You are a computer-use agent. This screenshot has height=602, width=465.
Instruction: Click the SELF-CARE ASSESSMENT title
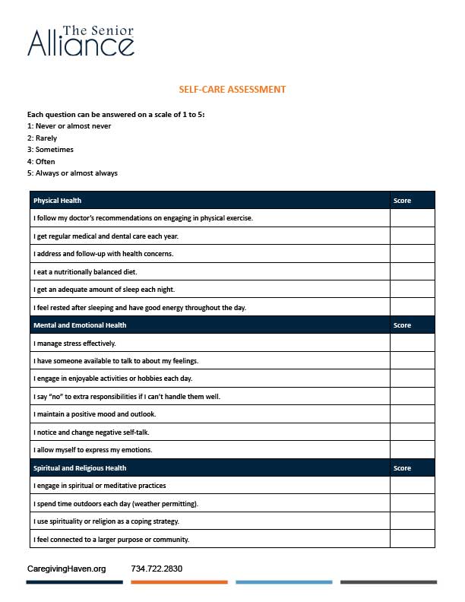coord(232,90)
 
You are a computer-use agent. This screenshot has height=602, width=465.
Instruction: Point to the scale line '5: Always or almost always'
coord(72,173)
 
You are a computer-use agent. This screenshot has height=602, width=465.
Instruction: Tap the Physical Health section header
coord(58,201)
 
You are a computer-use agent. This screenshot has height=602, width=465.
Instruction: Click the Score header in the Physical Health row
coord(403,201)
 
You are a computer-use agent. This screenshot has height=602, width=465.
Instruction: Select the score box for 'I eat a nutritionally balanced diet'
coord(413,271)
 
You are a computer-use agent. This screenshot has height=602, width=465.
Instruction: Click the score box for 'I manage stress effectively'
coord(413,343)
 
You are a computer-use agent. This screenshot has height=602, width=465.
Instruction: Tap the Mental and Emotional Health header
coord(80,325)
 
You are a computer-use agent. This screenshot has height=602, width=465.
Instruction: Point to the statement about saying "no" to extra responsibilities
coord(127,397)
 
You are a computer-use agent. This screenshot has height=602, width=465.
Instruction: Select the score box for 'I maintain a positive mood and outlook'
coord(413,414)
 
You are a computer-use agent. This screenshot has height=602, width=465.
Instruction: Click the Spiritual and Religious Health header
coord(80,468)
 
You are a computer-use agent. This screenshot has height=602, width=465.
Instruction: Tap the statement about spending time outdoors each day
coord(118,504)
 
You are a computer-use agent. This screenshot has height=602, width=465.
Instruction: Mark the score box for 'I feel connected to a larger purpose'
coord(413,540)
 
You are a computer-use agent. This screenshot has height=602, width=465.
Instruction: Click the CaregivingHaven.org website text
coord(66,569)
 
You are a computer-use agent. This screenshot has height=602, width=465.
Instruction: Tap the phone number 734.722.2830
coord(157,569)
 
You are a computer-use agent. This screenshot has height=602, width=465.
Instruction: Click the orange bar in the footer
coord(179,582)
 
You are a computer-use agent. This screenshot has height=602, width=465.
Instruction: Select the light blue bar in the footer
coord(283,582)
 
